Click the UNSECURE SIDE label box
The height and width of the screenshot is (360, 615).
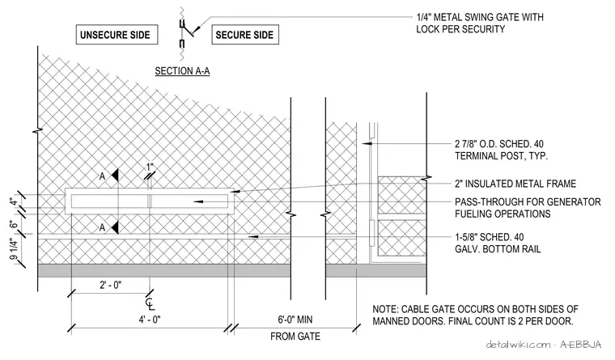pyautogui.click(x=117, y=35)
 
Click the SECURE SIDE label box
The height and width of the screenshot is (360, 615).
pyautogui.click(x=245, y=35)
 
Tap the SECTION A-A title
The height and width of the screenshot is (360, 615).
pyautogui.click(x=182, y=71)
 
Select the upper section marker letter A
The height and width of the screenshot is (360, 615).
pyautogui.click(x=102, y=176)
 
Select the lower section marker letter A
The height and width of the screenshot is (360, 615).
pyautogui.click(x=102, y=227)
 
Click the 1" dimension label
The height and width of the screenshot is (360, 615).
pyautogui.click(x=151, y=167)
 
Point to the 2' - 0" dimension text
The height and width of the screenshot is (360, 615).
pyautogui.click(x=111, y=285)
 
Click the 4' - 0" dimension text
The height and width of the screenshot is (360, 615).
pyautogui.click(x=150, y=320)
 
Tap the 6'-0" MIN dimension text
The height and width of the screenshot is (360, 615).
pyautogui.click(x=295, y=320)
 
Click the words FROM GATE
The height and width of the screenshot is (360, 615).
pyautogui.click(x=295, y=336)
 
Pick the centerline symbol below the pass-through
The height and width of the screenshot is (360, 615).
pyautogui.click(x=150, y=304)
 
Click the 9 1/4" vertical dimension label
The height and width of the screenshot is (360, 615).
pyautogui.click(x=14, y=249)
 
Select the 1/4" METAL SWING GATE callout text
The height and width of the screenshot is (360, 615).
pyautogui.click(x=480, y=17)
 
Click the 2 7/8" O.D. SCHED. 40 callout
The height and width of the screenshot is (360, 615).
pyautogui.click(x=499, y=144)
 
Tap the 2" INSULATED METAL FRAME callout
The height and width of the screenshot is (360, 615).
pyautogui.click(x=515, y=184)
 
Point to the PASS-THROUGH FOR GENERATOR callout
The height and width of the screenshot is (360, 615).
pyautogui.click(x=528, y=202)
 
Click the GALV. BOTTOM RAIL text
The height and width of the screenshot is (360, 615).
pyautogui.click(x=498, y=249)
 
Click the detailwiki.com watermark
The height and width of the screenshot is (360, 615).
pyautogui.click(x=518, y=345)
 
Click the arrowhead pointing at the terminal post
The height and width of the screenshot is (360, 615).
pyautogui.click(x=367, y=144)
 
